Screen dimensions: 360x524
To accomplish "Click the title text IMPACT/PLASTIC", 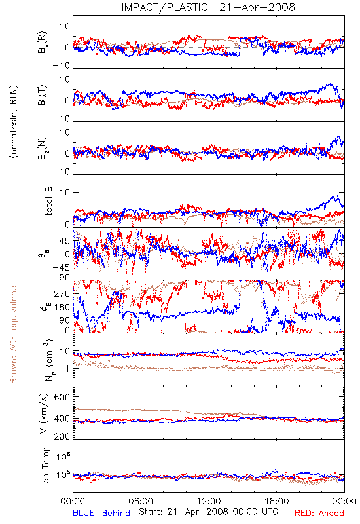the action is [x=164, y=7].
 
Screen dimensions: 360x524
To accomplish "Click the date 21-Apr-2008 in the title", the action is [x=257, y=7].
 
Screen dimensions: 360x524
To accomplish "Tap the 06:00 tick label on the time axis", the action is [x=141, y=501].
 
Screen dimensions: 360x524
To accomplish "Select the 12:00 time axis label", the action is [x=209, y=501].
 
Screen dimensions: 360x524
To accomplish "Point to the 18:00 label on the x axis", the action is [x=277, y=501].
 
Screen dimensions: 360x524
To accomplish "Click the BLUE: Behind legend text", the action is [x=101, y=513].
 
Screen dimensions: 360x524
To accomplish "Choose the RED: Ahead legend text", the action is [x=319, y=513].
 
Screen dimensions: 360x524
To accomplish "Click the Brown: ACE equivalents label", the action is [x=13, y=333].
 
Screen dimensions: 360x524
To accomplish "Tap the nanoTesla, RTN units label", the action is [x=14, y=122].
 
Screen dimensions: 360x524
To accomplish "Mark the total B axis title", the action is [x=48, y=201].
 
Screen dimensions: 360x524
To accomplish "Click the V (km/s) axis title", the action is [x=44, y=413].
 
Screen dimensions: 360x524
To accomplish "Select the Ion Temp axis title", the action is [x=45, y=466].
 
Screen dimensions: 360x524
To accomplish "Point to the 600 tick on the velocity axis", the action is [x=62, y=398].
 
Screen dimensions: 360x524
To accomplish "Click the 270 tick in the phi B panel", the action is [x=62, y=293].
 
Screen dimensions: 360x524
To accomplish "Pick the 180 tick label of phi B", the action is [x=62, y=307].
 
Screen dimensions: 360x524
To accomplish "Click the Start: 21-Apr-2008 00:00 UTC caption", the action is [x=208, y=512].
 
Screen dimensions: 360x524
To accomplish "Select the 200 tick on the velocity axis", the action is [x=62, y=436].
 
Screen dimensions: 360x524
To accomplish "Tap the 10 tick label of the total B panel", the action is [x=65, y=192].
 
